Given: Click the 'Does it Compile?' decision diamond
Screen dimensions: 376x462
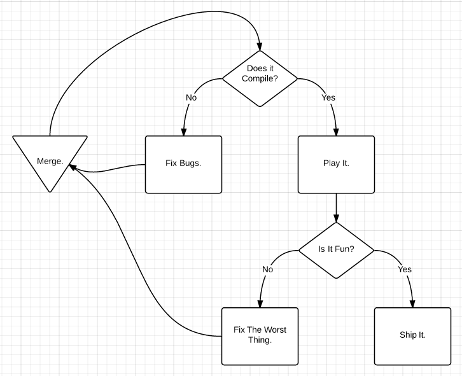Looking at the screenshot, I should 260,79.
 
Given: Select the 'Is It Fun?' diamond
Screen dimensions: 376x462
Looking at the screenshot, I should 336,250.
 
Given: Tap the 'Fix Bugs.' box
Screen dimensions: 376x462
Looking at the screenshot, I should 183,164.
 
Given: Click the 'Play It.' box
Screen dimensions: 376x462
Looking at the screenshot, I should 336,164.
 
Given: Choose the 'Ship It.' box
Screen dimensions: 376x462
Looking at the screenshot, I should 412,336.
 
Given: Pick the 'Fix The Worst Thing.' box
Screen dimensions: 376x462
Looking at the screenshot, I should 260,336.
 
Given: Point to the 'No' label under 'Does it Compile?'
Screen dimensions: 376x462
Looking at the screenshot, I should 191,98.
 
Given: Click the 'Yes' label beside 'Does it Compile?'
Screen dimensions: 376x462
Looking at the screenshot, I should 328,98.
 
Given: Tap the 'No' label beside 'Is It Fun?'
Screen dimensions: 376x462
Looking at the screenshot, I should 267,269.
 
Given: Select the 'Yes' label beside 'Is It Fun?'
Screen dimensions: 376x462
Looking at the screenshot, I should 405,269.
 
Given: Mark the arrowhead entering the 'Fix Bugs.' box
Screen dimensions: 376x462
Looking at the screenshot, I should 184,132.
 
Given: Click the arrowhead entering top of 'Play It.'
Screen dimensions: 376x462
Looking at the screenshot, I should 336,132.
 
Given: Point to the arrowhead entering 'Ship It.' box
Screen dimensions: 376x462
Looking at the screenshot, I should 412,303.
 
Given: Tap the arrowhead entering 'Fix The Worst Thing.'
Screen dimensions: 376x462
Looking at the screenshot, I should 260,303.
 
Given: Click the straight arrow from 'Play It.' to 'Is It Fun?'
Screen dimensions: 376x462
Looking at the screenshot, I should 336,207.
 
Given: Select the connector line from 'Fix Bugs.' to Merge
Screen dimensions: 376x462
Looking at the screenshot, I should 108,170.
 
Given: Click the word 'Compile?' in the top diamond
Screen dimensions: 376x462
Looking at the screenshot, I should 260,79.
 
